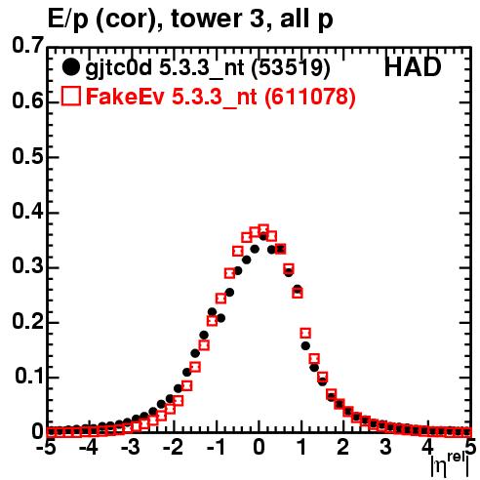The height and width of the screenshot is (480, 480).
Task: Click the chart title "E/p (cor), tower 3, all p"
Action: [x=190, y=20]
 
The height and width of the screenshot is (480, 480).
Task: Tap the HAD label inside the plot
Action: [x=413, y=67]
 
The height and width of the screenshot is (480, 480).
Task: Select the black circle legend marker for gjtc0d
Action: [x=70, y=67]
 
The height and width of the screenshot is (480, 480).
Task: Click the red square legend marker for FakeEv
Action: [x=70, y=96]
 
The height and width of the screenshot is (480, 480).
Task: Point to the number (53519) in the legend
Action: [x=291, y=67]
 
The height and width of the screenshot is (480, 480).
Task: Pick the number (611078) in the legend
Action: [x=310, y=97]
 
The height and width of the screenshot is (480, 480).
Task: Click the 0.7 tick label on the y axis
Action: [x=27, y=46]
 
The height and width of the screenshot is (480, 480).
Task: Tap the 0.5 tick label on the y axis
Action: [x=27, y=156]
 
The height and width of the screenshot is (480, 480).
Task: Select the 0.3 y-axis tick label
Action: [x=27, y=266]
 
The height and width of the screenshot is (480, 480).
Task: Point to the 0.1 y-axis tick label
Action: [x=28, y=377]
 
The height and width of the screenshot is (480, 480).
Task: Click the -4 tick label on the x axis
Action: [x=88, y=447]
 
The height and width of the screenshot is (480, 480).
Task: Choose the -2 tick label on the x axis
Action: [x=173, y=447]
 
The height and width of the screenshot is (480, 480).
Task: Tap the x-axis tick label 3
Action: [x=385, y=447]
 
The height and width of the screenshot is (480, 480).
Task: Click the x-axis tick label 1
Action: [x=302, y=447]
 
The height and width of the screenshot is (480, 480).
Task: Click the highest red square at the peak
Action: [x=263, y=229]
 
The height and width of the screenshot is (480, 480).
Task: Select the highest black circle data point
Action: [x=263, y=237]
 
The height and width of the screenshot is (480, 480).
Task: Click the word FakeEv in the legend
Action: [x=125, y=97]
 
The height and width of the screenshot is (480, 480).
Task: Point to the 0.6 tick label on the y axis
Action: [x=27, y=101]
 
